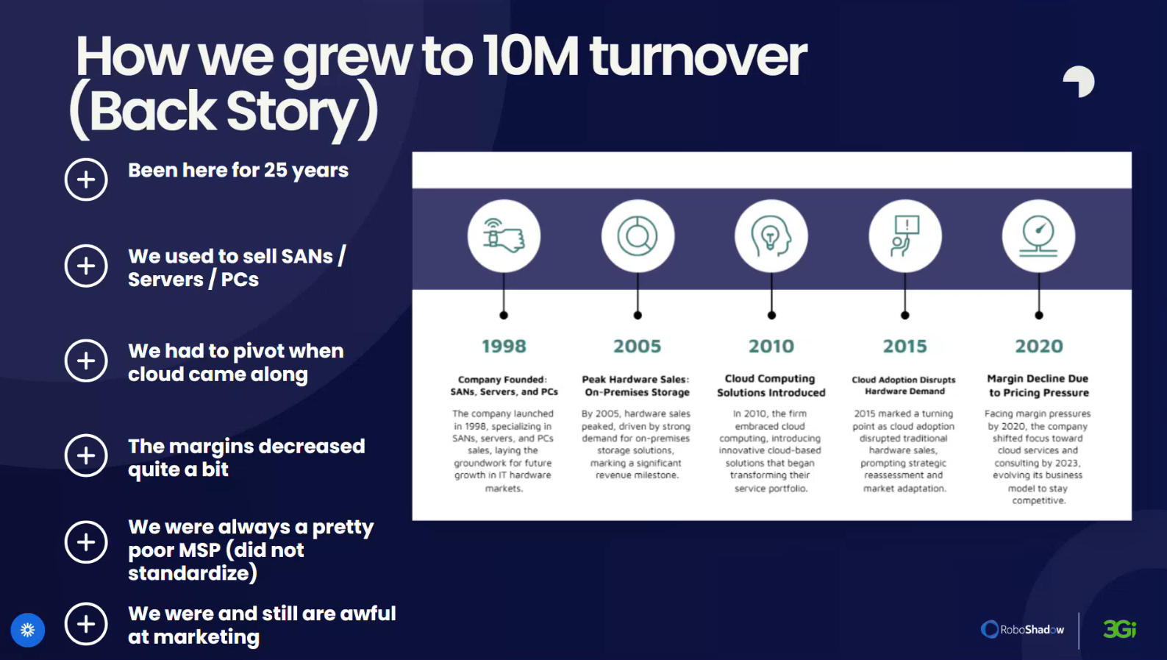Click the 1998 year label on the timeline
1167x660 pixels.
click(504, 346)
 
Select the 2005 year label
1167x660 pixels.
click(637, 346)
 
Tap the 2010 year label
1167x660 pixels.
click(771, 346)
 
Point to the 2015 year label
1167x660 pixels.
click(905, 346)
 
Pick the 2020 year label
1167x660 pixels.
click(1039, 346)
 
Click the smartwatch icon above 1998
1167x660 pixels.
click(504, 235)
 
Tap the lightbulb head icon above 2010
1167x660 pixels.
click(771, 235)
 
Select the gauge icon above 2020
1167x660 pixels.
click(1038, 235)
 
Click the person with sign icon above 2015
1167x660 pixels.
click(905, 235)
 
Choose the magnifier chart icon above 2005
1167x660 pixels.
click(637, 235)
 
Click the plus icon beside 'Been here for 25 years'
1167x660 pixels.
click(86, 180)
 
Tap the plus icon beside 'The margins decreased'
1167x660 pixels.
click(86, 455)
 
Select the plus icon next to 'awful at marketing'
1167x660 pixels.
click(86, 624)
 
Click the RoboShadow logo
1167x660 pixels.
click(1022, 629)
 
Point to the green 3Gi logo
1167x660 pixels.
click(1120, 629)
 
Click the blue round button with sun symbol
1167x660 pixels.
click(28, 630)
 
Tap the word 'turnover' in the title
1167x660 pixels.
click(698, 57)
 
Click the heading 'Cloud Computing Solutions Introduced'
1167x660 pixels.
click(771, 386)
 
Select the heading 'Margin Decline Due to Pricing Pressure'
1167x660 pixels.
click(1039, 386)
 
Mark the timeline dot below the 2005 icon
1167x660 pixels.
click(637, 315)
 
